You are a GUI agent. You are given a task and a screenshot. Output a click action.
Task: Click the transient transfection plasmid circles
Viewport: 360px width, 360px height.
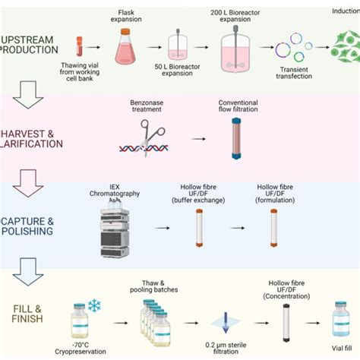[292, 49]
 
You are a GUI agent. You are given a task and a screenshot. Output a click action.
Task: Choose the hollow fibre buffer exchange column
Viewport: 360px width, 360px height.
[201, 226]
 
